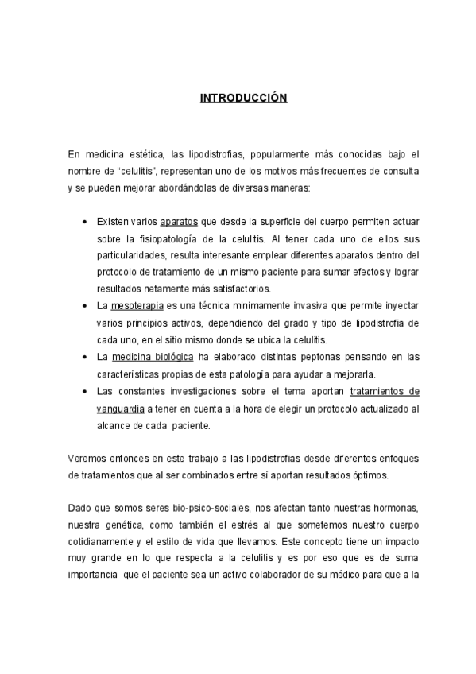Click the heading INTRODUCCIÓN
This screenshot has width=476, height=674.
tap(242, 99)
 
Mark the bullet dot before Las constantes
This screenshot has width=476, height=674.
tap(85, 392)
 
